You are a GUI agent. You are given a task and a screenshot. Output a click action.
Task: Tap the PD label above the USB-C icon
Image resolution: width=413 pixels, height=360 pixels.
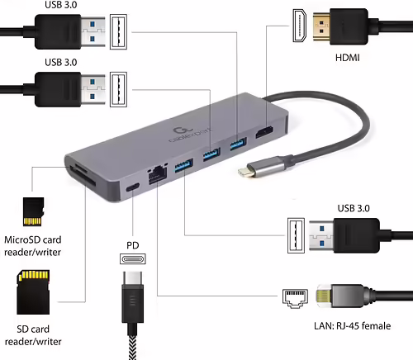pyautogui.click(x=132, y=245)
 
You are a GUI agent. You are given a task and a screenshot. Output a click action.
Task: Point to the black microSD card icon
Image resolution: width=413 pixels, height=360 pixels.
pyautogui.click(x=32, y=211)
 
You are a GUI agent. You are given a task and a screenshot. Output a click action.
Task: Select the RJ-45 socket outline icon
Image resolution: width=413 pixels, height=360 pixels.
pyautogui.click(x=294, y=296)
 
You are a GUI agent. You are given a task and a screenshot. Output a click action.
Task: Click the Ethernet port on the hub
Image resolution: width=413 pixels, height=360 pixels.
pyautogui.click(x=155, y=174)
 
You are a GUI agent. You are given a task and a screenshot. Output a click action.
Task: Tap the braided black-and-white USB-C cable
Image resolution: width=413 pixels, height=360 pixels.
pyautogui.click(x=133, y=343)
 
